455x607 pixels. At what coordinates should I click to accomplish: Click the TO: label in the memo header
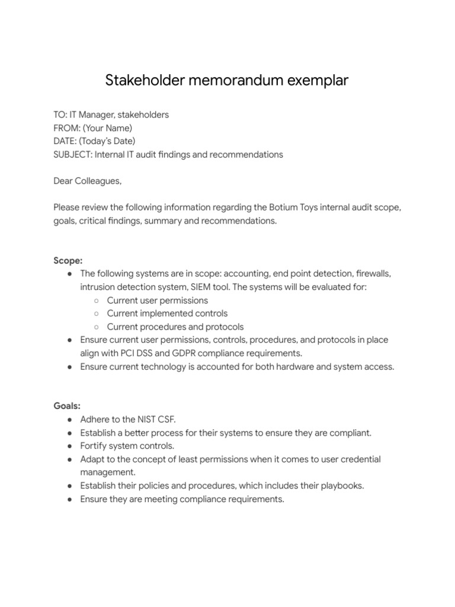click(61, 114)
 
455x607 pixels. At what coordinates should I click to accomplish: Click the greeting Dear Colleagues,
click(87, 181)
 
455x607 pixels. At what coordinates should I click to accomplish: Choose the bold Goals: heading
click(66, 406)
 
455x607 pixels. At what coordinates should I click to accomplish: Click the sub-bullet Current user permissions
click(158, 300)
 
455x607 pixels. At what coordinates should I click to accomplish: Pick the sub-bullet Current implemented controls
click(167, 313)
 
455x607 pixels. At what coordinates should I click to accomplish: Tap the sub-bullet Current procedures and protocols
click(175, 327)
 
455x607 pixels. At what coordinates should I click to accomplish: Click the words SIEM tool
click(216, 287)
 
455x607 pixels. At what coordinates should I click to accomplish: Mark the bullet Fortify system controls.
click(127, 446)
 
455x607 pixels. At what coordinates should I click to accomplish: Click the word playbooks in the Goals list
click(337, 485)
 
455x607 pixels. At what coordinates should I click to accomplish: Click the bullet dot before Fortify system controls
click(71, 446)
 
